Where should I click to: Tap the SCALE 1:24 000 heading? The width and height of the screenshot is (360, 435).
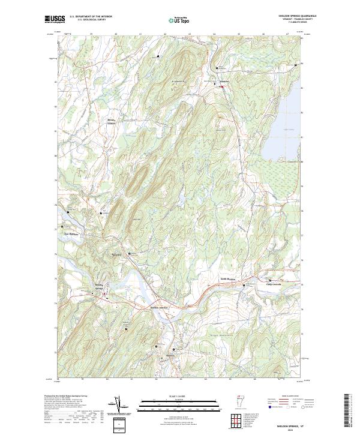pos(179,397)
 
